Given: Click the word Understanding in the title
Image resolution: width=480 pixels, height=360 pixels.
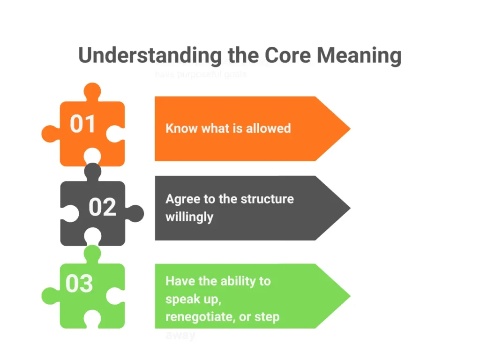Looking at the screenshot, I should click(x=149, y=55).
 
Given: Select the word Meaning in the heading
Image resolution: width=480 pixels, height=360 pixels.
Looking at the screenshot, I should click(x=359, y=55).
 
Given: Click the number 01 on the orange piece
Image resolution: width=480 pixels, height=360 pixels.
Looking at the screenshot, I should click(x=83, y=124).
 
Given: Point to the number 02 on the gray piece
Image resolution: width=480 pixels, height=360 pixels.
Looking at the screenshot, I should click(x=102, y=207).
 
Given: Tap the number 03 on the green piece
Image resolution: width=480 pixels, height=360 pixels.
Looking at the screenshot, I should click(x=79, y=284).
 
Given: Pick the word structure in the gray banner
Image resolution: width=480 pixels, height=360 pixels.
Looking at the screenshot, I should click(x=267, y=199).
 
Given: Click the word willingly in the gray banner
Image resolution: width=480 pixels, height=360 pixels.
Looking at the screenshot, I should click(x=189, y=217).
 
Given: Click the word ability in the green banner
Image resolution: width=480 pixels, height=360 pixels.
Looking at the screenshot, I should click(x=234, y=281).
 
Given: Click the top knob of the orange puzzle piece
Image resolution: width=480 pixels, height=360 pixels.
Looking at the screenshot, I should click(x=92, y=91).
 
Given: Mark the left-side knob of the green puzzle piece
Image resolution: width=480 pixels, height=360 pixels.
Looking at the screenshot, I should click(x=50, y=296).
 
